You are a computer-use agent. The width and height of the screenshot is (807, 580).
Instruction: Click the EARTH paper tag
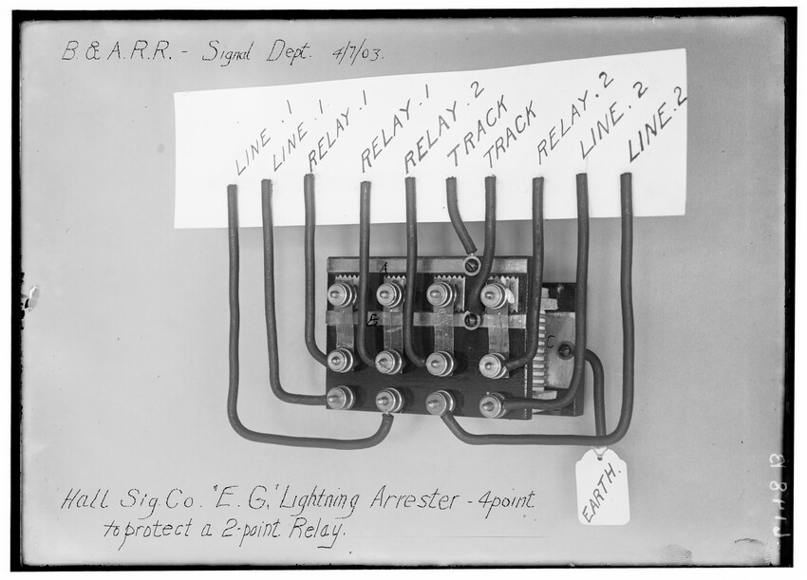603,488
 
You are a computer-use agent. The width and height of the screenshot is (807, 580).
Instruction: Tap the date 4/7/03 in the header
357,52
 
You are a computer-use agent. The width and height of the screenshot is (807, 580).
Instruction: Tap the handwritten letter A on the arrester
384,269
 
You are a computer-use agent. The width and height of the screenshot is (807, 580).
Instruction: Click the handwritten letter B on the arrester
373,319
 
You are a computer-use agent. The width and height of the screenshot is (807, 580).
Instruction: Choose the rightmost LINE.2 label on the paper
657,123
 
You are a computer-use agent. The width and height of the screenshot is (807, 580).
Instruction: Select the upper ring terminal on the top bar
471,266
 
